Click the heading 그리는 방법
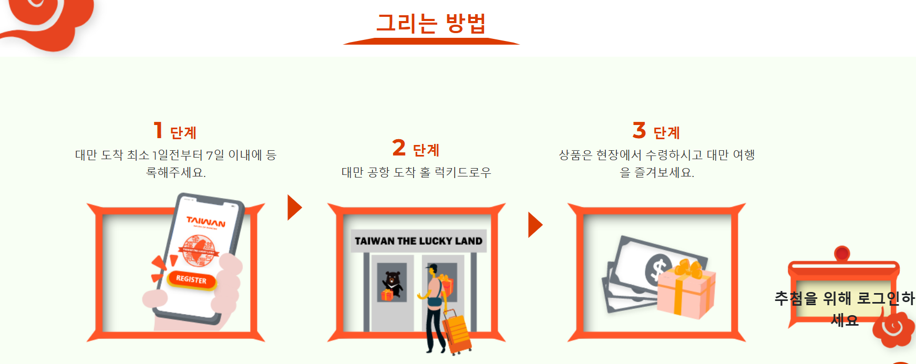click(431, 23)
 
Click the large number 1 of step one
click(158, 130)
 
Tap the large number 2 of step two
click(399, 148)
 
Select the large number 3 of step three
click(639, 130)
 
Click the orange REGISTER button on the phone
click(191, 279)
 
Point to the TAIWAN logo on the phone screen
click(206, 222)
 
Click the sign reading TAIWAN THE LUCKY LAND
click(418, 241)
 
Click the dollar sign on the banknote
click(658, 268)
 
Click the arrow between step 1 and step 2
click(294, 207)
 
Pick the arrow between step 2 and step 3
click(534, 225)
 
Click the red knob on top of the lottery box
click(842, 254)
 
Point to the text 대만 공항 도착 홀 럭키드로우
click(416, 172)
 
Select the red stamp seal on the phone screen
click(199, 249)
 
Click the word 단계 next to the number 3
click(667, 133)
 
